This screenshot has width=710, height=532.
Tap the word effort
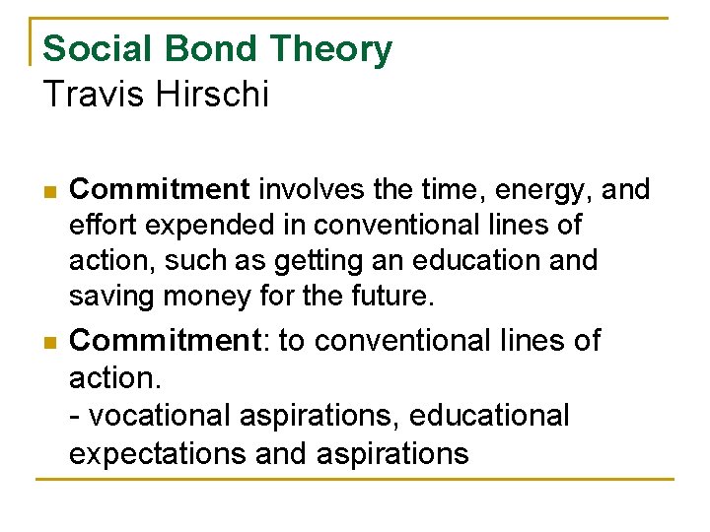tap(105, 225)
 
